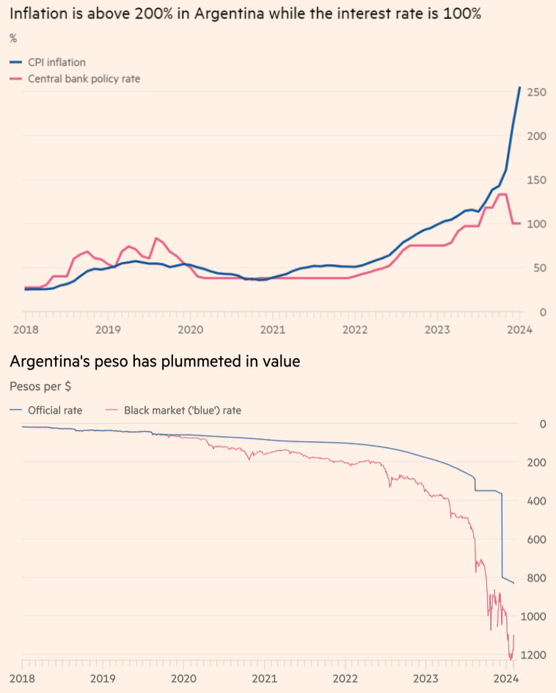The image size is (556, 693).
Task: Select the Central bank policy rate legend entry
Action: point(84,79)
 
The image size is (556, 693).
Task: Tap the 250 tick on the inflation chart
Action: point(537,92)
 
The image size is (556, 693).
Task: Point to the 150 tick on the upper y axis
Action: point(537,180)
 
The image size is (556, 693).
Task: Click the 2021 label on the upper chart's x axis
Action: point(272,330)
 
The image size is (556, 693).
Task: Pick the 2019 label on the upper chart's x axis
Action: point(108,330)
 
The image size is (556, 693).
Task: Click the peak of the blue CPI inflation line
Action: point(520,88)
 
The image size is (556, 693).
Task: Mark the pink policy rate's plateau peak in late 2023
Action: point(502,195)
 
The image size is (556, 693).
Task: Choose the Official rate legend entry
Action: point(55,410)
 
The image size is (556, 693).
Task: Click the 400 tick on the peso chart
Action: point(538,501)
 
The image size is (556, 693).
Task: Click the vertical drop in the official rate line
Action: point(502,536)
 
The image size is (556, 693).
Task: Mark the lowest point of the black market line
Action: point(511,659)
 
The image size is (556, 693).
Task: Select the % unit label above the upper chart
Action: point(13,38)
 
